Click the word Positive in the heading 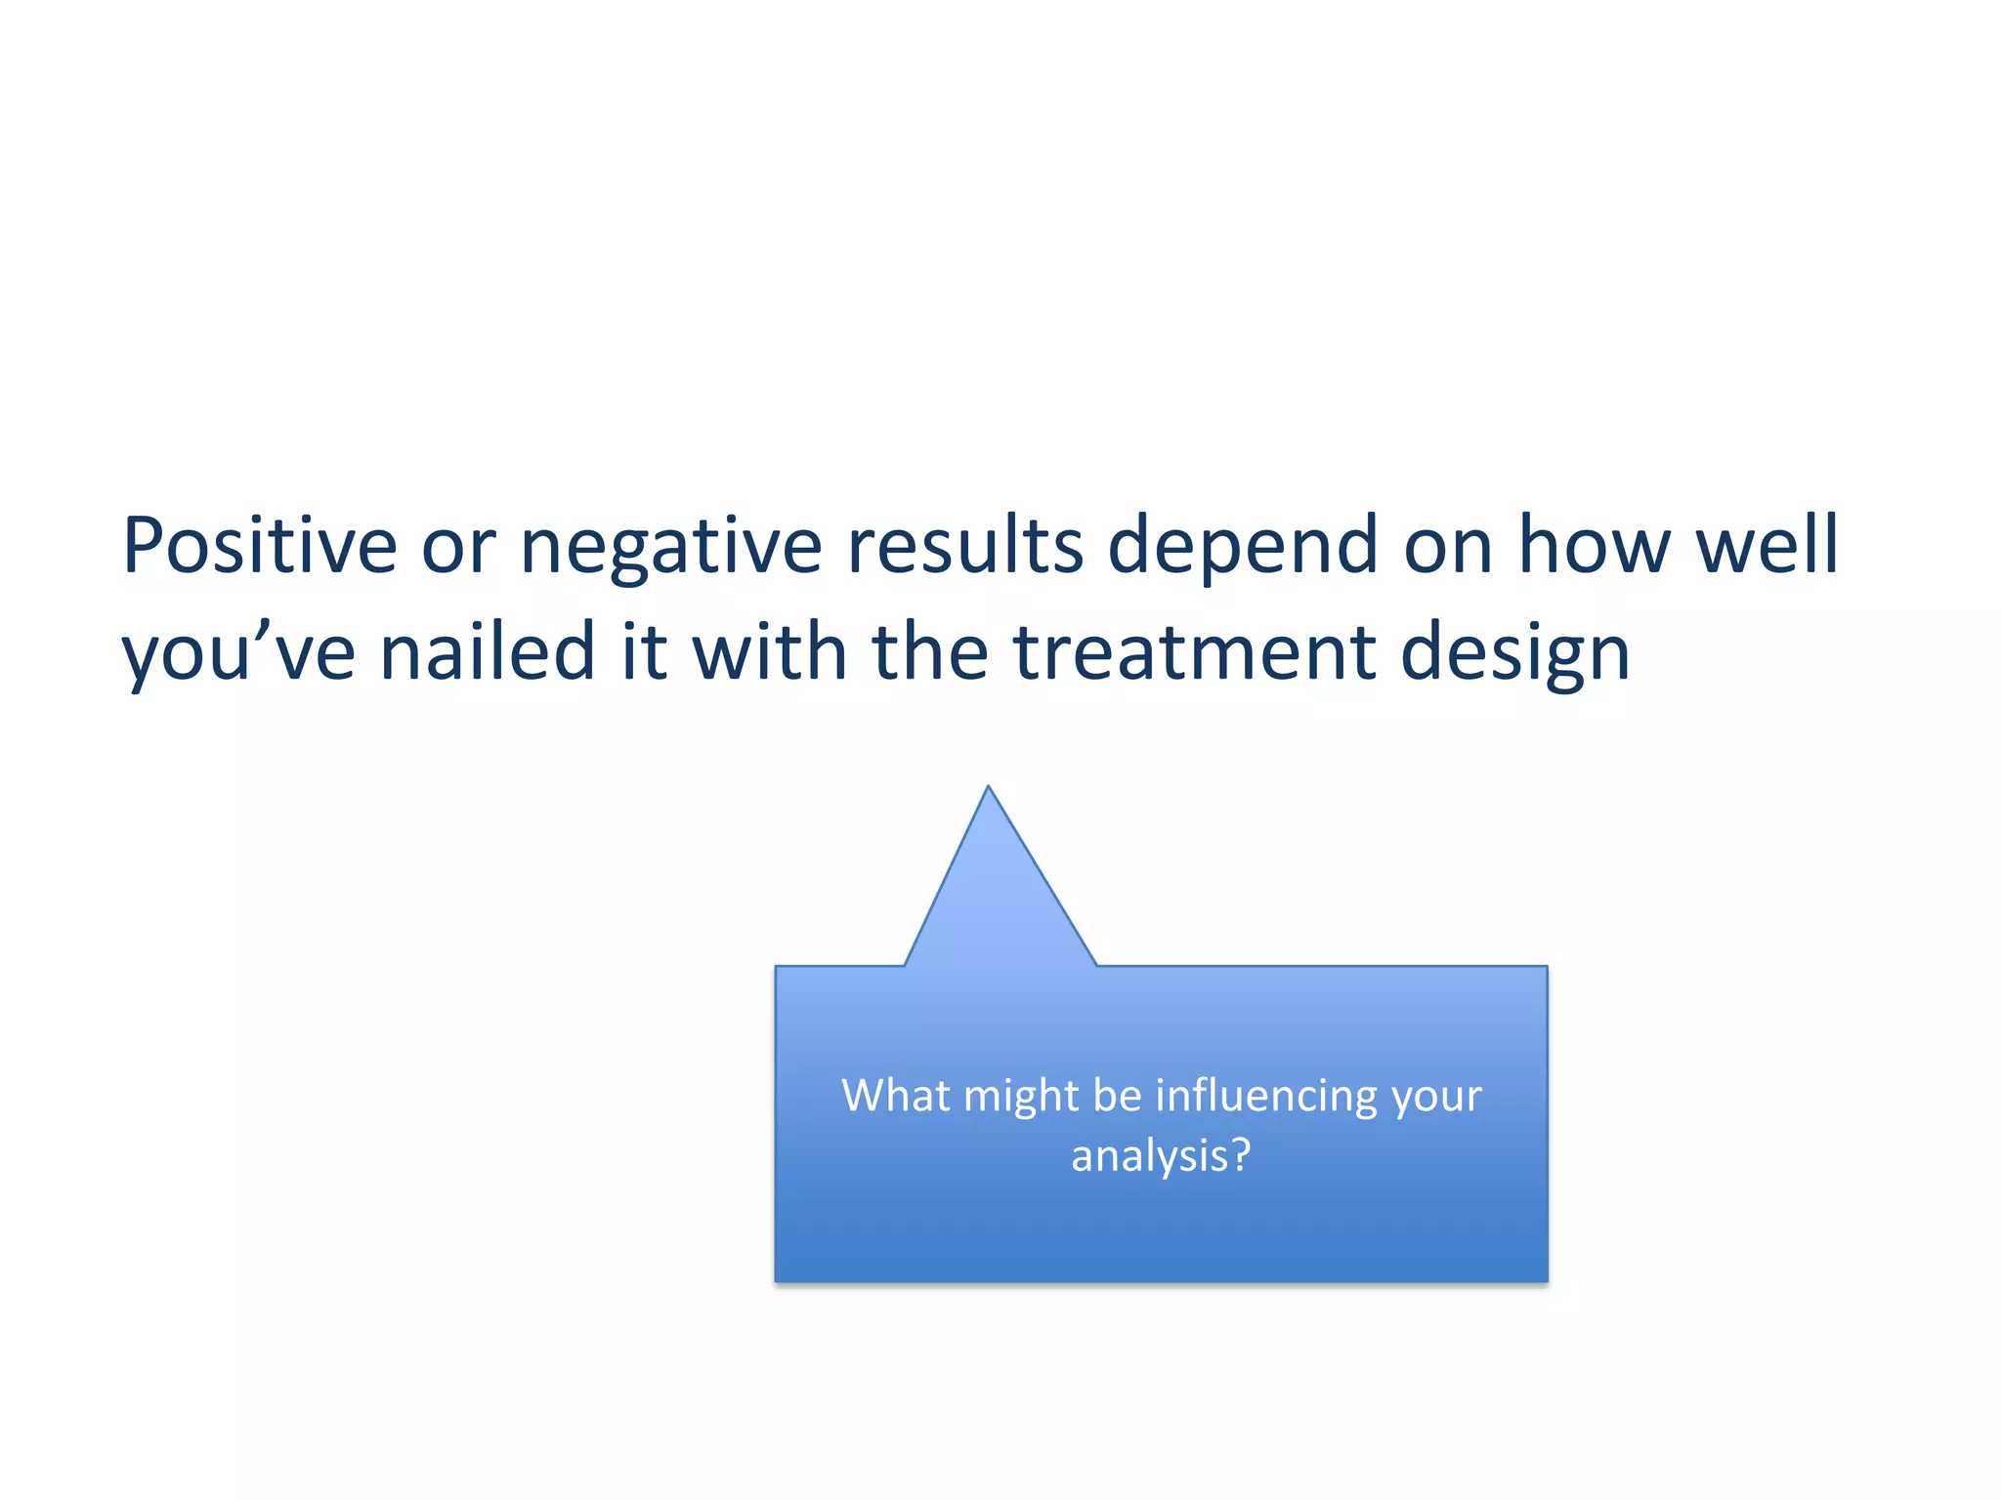tap(259, 545)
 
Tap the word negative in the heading tap(671, 547)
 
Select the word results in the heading tap(964, 545)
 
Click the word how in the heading tap(1595, 545)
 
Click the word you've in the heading tap(238, 652)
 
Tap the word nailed tap(488, 651)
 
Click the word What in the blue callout tap(896, 1095)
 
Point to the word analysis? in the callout tap(1161, 1156)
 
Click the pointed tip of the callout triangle tap(988, 789)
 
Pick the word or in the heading tap(458, 547)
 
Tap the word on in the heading tap(1448, 547)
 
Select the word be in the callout tap(1117, 1095)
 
